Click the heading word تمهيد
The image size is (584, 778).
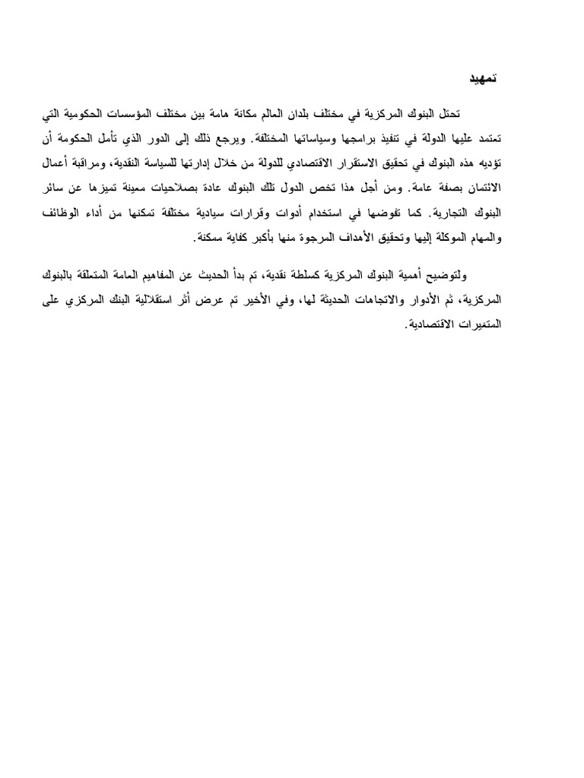coord(481,78)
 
